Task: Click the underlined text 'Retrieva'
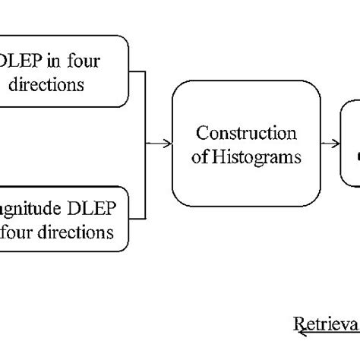327,324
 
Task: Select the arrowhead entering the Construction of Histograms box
168,143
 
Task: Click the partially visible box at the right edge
351,144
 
